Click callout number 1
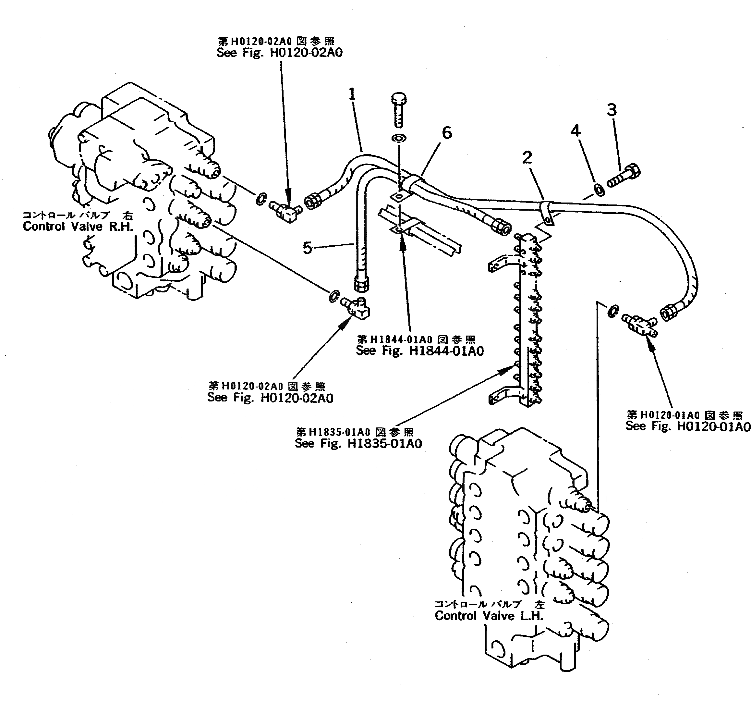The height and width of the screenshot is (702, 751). tap(352, 94)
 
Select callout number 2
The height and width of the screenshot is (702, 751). tap(527, 157)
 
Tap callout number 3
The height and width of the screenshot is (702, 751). tap(612, 110)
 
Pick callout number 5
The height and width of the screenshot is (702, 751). tap(308, 248)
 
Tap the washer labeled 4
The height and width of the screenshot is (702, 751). tap(600, 190)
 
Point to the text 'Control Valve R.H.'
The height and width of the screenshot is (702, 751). tap(78, 227)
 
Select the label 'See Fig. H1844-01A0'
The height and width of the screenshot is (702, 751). tap(420, 351)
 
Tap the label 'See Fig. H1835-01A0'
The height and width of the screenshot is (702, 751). tap(358, 443)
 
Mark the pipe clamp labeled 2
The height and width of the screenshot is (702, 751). tap(547, 213)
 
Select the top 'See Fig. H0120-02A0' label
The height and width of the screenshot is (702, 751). tap(279, 53)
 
